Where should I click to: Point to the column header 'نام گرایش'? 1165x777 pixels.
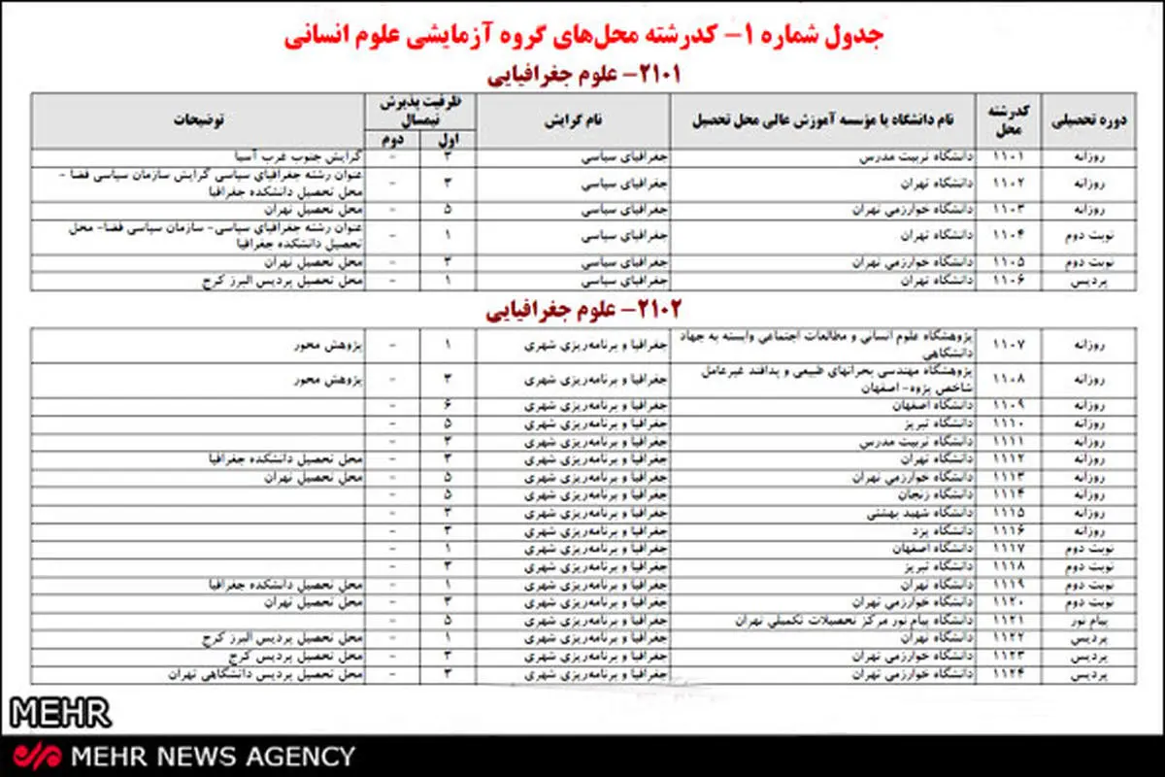[x=573, y=121]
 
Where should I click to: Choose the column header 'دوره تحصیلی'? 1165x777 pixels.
[x=1089, y=121]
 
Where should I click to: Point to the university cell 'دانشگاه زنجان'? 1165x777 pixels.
[x=914, y=494]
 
